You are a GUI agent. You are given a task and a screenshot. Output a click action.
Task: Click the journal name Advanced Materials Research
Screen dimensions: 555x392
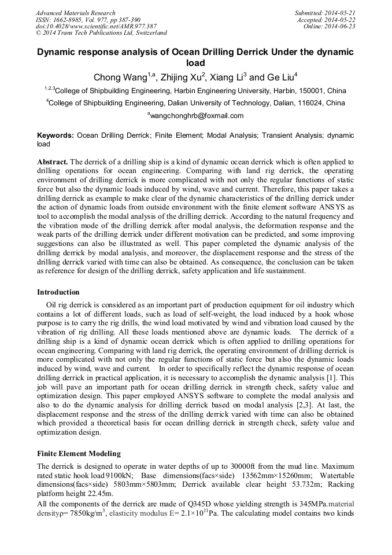[75, 13]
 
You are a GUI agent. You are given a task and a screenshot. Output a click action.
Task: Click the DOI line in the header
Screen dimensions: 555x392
[96, 26]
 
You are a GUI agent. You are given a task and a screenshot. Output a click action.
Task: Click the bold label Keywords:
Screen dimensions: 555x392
[56, 135]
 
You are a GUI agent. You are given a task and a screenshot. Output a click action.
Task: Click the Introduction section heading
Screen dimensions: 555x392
[58, 292]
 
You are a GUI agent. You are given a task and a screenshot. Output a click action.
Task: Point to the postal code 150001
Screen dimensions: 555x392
[311, 91]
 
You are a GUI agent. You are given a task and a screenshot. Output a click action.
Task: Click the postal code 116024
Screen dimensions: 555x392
[311, 103]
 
